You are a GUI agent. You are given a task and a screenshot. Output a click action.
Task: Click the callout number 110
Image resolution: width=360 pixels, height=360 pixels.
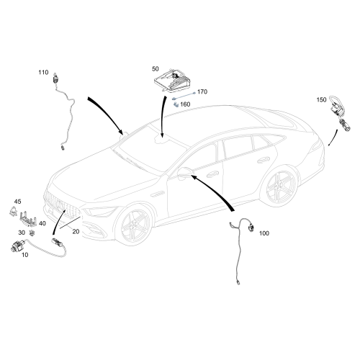point(43,72)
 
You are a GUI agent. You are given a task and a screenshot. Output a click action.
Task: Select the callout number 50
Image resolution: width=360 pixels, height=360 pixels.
point(156,69)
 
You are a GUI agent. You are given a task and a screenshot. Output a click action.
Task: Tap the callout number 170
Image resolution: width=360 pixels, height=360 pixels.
point(202,91)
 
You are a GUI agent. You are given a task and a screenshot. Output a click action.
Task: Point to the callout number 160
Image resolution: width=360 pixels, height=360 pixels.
point(185,104)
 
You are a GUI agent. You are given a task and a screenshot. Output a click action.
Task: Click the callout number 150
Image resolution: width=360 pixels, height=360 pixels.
point(322,99)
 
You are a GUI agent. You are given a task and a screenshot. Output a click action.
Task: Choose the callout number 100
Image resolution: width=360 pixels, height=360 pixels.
point(264,233)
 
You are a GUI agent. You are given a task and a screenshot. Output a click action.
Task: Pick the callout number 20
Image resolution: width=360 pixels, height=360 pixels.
point(76,232)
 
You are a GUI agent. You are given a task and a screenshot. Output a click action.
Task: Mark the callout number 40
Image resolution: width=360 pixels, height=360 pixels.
point(42,223)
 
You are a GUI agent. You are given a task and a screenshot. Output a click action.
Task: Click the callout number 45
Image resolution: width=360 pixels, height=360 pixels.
point(17,202)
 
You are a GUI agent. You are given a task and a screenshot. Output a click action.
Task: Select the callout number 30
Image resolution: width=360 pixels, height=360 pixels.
point(22,233)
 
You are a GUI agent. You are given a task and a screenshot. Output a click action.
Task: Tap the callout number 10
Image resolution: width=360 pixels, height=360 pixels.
point(25,255)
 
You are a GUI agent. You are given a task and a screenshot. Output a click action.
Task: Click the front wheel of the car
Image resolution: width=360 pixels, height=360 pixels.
point(133,225)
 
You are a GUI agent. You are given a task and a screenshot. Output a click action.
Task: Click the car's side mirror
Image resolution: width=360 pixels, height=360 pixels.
point(185,172)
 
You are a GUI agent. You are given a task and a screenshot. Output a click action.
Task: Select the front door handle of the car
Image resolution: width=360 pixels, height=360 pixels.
point(212,174)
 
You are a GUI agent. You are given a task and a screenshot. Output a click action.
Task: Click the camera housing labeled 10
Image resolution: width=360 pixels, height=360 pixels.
point(17,246)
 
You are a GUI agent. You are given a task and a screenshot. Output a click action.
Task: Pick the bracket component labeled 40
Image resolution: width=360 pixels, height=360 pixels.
point(28,218)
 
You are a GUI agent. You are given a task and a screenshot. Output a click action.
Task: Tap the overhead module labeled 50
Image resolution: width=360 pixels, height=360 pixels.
point(172,81)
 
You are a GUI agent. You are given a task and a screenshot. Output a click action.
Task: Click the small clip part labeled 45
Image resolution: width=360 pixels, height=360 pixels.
point(13,211)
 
